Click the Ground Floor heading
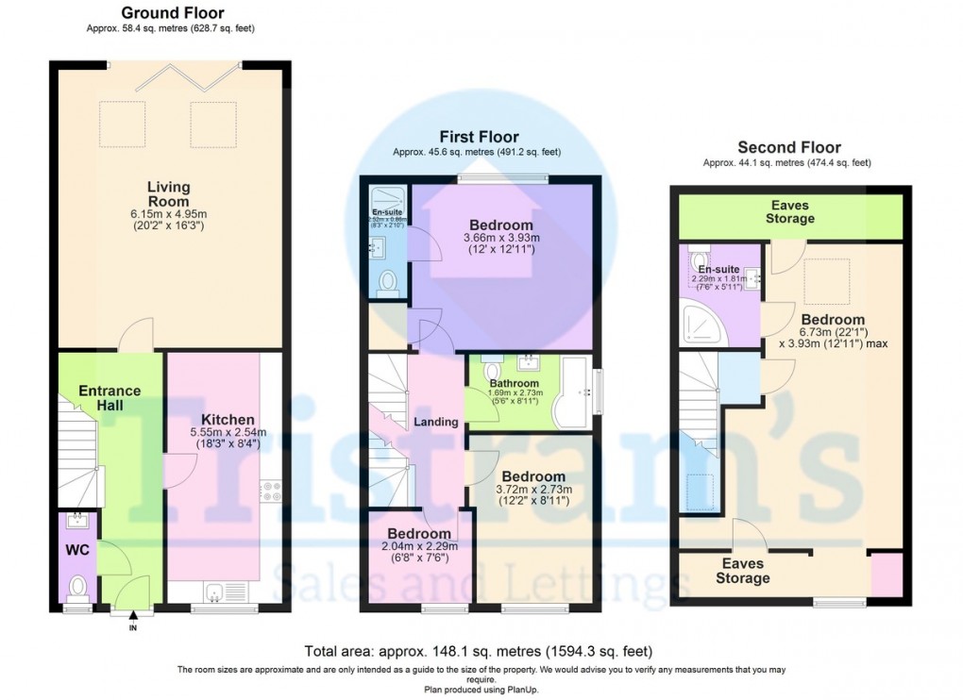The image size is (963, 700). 173,13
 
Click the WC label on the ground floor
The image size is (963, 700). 77,550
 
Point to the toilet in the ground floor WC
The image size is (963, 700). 77,588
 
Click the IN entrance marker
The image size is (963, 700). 132,625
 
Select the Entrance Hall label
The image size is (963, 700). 110,397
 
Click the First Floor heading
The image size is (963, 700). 478,138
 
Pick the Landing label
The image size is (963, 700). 435,421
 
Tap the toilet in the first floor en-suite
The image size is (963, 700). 387,282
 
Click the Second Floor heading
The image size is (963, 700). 788,147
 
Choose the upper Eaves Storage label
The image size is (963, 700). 789,212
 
